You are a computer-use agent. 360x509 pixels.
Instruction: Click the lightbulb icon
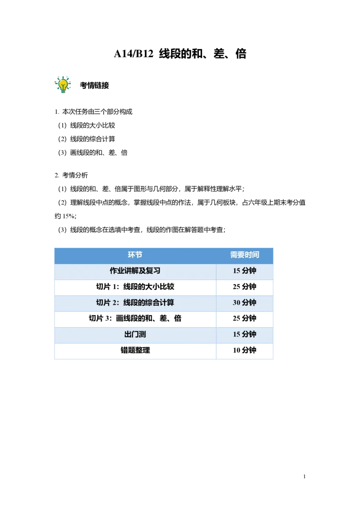[x=63, y=84]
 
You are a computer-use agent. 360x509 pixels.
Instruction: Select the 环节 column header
[x=135, y=255]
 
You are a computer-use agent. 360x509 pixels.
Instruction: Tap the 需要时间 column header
[x=244, y=255]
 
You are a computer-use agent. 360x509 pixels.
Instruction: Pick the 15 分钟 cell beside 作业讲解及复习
[x=244, y=271]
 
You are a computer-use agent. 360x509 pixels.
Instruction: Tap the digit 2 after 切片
[x=115, y=303]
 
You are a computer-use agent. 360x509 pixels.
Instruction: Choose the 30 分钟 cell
[x=244, y=303]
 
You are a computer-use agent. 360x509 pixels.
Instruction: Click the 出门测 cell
[x=135, y=335]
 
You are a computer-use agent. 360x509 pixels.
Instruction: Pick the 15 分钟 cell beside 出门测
[x=244, y=335]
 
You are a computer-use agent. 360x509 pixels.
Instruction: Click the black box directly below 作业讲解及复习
[x=135, y=288]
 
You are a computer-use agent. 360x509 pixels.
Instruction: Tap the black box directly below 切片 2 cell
[x=135, y=318]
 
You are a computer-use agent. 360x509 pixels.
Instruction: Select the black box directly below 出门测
[x=135, y=351]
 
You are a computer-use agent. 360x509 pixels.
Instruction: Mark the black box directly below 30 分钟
[x=245, y=318]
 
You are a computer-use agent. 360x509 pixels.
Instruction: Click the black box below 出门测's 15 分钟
[x=245, y=351]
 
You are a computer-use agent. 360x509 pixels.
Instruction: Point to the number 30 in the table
[x=236, y=303]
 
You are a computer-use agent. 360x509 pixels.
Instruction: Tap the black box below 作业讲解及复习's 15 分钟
[x=245, y=288]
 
